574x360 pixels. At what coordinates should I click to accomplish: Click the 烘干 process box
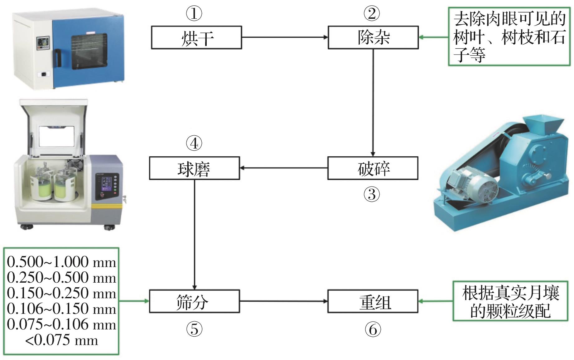click(x=196, y=37)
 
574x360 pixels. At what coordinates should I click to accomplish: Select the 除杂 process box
click(x=373, y=37)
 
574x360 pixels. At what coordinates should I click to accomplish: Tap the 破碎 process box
click(x=373, y=168)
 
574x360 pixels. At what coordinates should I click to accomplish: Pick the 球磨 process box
click(x=194, y=168)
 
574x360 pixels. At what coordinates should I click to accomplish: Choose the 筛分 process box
click(x=194, y=301)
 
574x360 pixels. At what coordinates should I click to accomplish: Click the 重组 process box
click(x=373, y=301)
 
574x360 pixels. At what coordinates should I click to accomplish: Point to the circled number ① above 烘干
click(x=194, y=14)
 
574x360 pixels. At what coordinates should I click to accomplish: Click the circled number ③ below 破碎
click(x=372, y=194)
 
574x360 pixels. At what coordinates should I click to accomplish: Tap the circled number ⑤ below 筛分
click(x=194, y=329)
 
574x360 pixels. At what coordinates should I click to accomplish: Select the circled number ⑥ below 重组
click(x=373, y=329)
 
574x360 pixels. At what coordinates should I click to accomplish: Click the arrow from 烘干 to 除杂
click(x=284, y=37)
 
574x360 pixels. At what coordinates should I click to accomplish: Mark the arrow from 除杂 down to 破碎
click(x=373, y=103)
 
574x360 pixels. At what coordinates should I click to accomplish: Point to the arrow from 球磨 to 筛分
click(x=195, y=234)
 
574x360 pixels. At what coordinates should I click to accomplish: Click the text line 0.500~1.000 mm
click(x=61, y=262)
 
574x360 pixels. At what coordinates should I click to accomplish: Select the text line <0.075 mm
click(x=61, y=340)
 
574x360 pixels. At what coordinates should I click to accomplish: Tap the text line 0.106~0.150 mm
click(x=61, y=309)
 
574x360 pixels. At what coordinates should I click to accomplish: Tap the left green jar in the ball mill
click(x=42, y=187)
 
